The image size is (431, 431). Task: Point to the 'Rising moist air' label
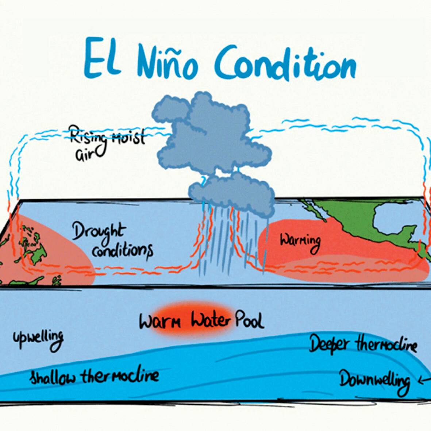(107, 143)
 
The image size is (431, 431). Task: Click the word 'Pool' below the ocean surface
(249, 320)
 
